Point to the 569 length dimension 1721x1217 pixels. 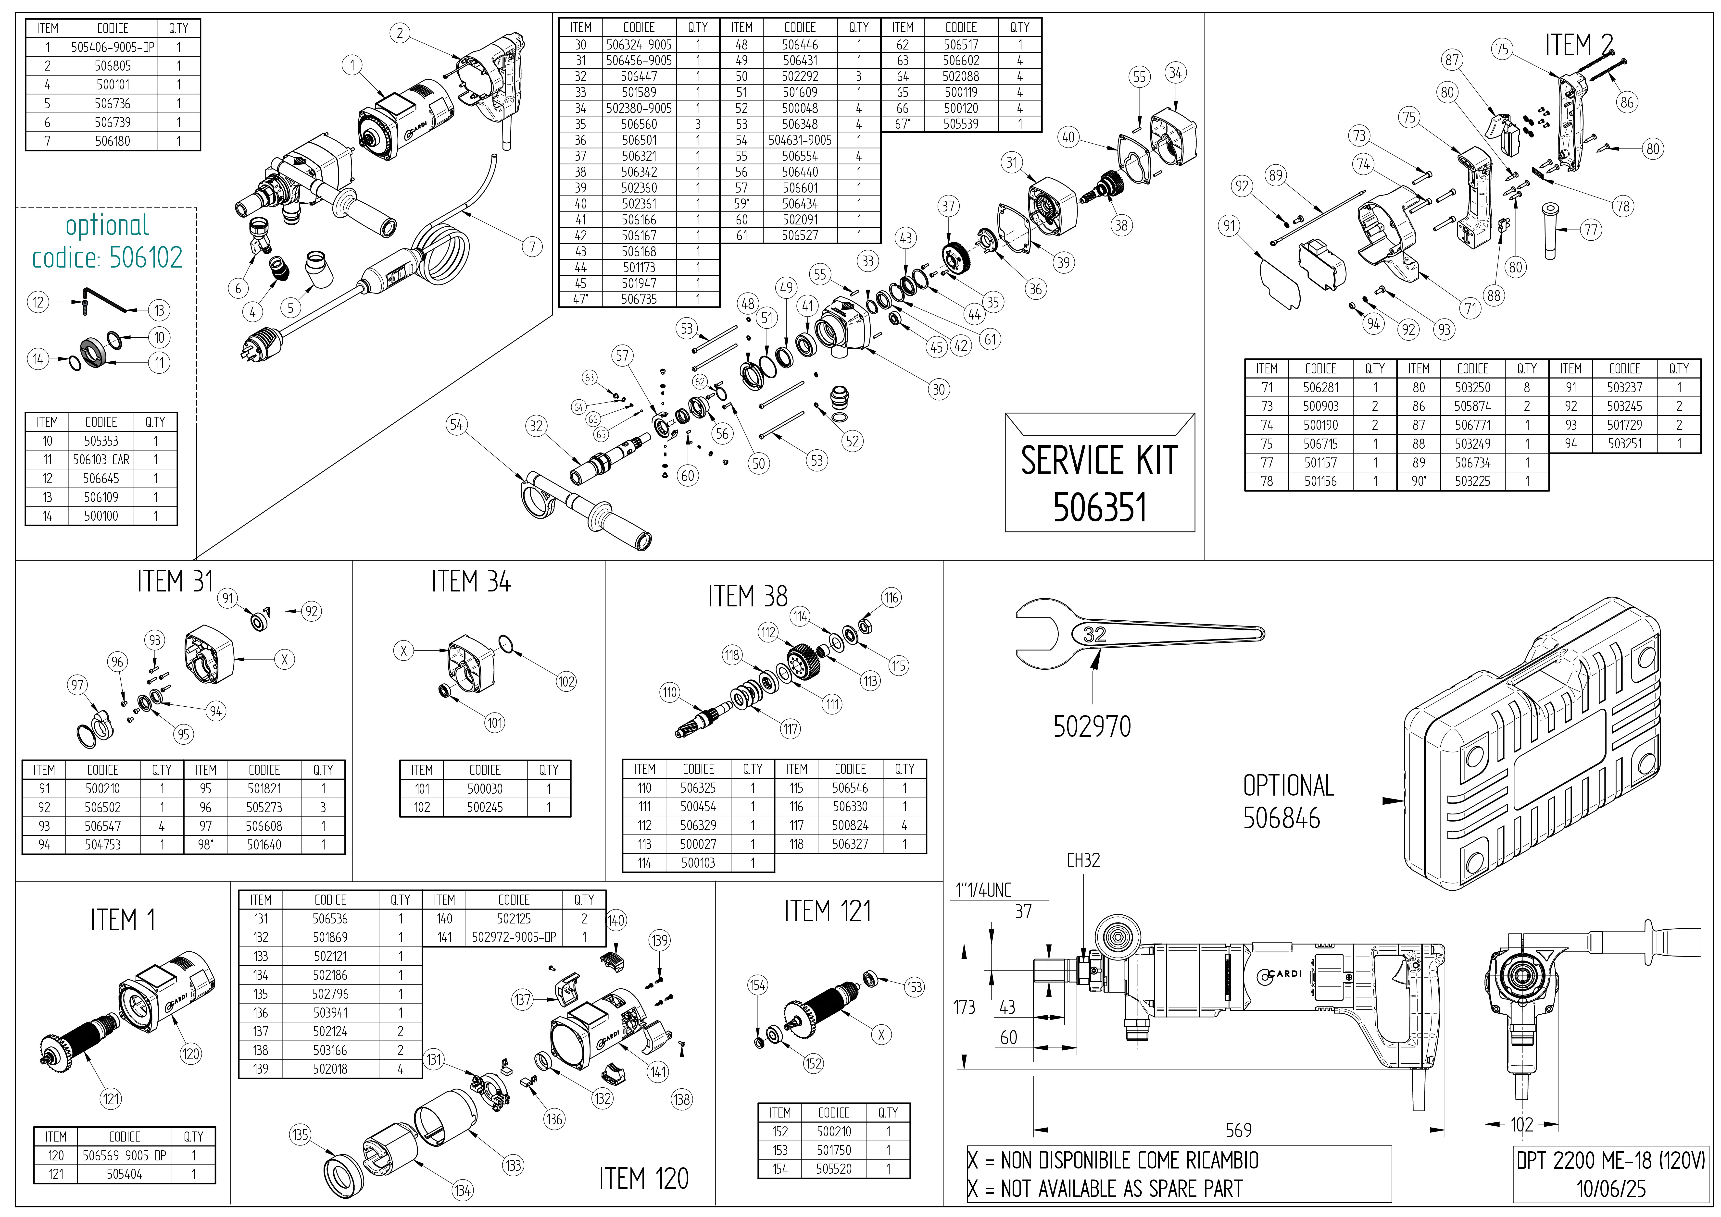click(1238, 1129)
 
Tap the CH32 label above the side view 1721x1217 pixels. click(1083, 860)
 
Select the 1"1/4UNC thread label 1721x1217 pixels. click(983, 890)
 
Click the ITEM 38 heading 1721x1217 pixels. click(747, 597)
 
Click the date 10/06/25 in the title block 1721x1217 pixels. click(1610, 1189)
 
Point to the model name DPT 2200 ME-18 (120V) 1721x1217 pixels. click(1610, 1161)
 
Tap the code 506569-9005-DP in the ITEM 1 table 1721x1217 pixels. click(125, 1156)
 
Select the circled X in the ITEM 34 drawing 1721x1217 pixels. click(403, 651)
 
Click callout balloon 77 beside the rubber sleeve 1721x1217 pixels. click(1591, 230)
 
